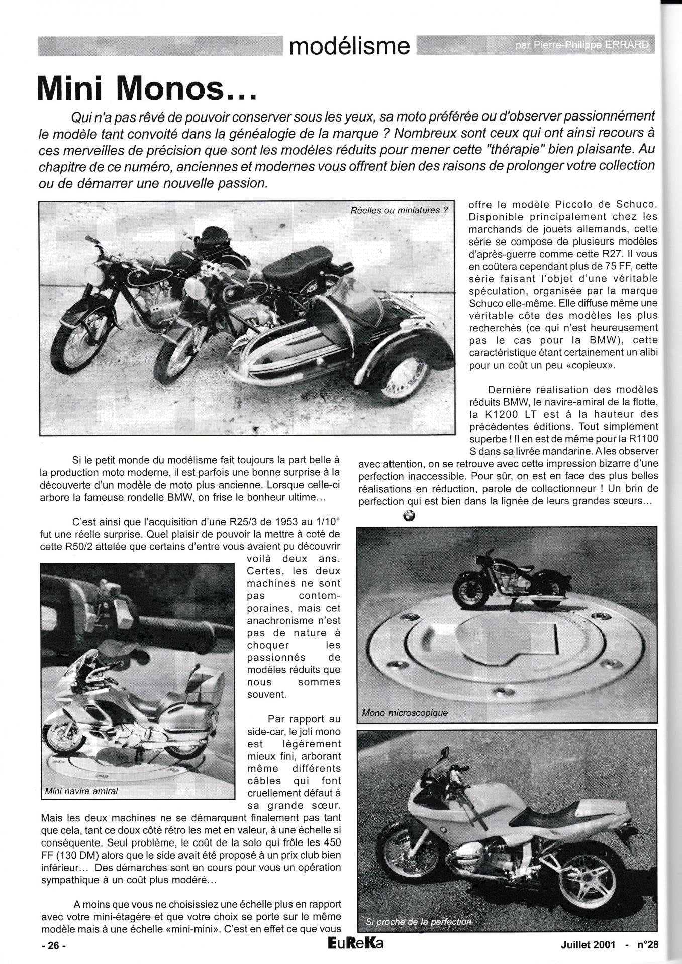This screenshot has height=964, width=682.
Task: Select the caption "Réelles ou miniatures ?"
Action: tap(399, 210)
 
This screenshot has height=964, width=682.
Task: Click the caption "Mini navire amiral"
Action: tap(81, 791)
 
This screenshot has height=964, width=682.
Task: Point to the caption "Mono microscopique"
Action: tap(405, 712)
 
